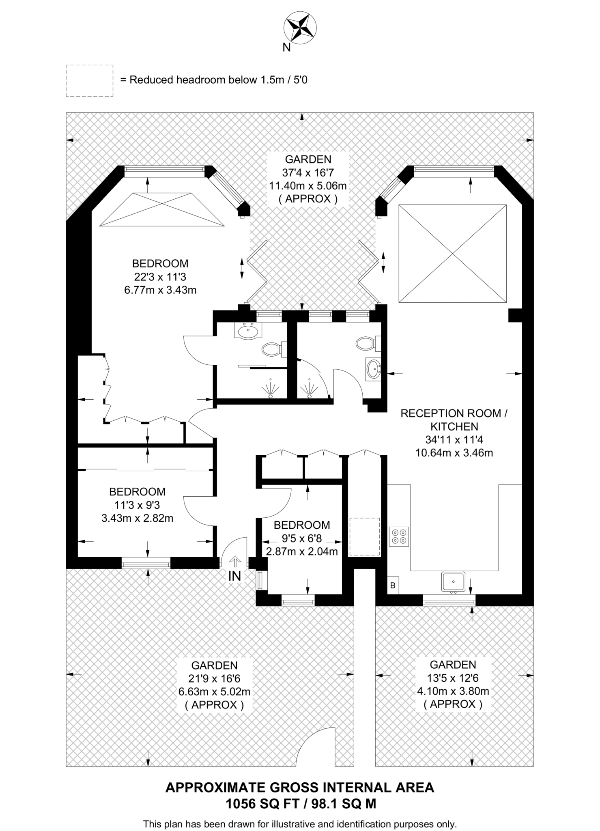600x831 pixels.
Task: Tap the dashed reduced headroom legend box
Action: coord(89,80)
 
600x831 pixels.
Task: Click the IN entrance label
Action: coord(234,576)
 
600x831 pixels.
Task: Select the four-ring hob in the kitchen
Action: coord(399,536)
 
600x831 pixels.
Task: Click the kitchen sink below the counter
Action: coord(453,582)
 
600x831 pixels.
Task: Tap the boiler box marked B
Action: coord(393,586)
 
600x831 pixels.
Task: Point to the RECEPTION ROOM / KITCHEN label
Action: coord(454,420)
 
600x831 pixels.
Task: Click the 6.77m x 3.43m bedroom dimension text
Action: coord(160,290)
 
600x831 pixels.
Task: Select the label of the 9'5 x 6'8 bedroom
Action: coord(302,525)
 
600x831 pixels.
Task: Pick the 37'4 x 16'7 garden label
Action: coord(308,172)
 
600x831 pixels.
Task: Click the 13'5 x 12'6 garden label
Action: coord(453,678)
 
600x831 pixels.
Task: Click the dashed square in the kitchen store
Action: coord(364,536)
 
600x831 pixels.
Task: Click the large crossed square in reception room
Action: coord(452,254)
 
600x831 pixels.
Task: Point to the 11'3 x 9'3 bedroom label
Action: coord(137,505)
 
